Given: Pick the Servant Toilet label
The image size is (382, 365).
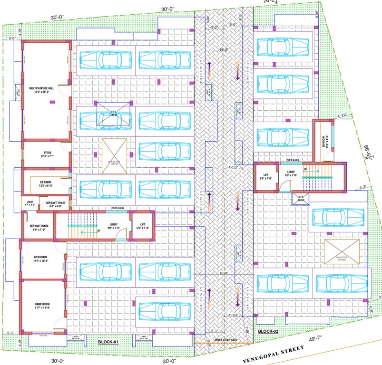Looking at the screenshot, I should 54,204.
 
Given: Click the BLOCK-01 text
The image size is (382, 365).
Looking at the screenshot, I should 108,342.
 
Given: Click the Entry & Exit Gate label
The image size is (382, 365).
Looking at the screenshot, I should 225,339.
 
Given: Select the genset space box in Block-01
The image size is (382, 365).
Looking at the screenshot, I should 114,156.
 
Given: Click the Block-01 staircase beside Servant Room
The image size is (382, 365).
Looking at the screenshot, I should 77,227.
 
